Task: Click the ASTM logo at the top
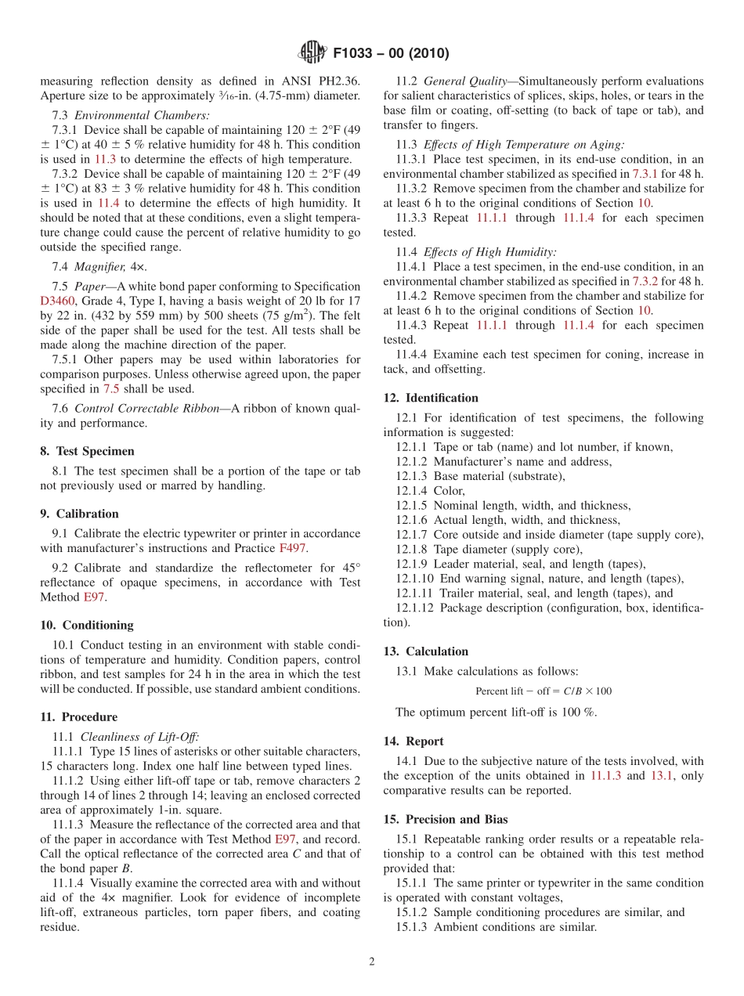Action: coord(312,52)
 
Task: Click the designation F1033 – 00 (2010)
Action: coord(390,53)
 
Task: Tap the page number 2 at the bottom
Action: coord(372,962)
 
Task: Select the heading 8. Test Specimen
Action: coord(87,452)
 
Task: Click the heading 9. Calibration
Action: coord(79,514)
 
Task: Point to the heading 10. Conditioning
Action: coord(86,625)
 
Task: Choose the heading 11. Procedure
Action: coord(78,716)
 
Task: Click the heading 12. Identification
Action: coord(430,398)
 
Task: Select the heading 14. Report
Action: coord(413,741)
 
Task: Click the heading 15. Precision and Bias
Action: coord(445,819)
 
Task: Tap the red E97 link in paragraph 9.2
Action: coord(94,597)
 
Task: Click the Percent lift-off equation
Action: coord(544,691)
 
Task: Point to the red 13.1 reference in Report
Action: coord(663,775)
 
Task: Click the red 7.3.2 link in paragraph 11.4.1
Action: coord(646,281)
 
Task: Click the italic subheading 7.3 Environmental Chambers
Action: coord(131,115)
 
